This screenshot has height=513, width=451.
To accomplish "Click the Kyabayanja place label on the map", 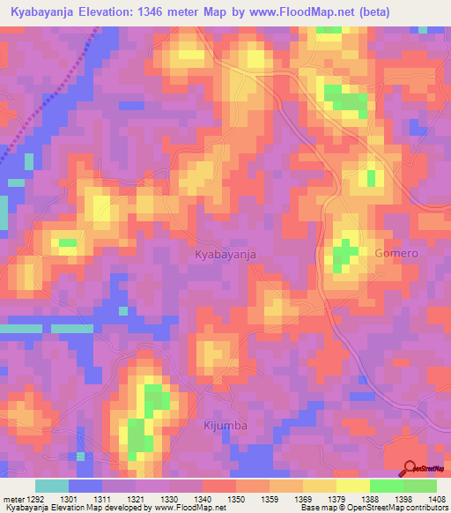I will (x=225, y=254).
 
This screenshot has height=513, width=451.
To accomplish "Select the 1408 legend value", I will (x=435, y=500).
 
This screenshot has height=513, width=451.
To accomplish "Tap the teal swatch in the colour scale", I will (x=52, y=486).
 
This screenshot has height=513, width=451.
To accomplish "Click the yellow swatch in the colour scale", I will (x=353, y=486).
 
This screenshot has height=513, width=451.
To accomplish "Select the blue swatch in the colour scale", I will (x=85, y=486).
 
